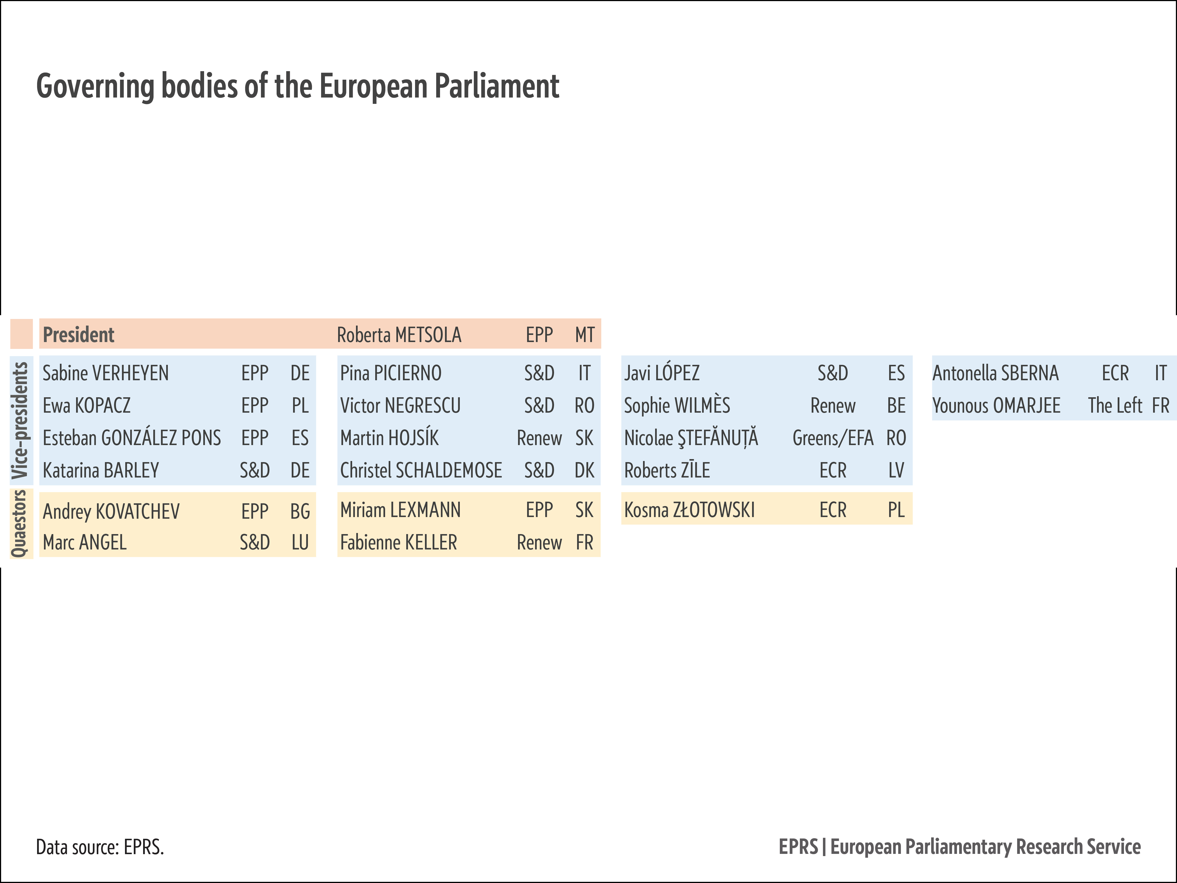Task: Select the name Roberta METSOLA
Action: click(399, 335)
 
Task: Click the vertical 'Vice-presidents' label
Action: click(20, 420)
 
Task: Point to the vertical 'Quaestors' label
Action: click(20, 523)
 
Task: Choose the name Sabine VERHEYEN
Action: click(105, 373)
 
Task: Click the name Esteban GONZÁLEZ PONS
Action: click(131, 438)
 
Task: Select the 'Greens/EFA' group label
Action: click(833, 438)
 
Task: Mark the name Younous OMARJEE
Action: click(996, 406)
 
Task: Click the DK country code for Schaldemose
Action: click(584, 471)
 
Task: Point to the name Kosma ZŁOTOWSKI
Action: click(689, 510)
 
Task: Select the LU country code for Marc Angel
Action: click(300, 542)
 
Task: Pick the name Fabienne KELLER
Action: click(399, 542)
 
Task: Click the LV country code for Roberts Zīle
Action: click(896, 471)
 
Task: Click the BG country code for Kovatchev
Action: click(300, 512)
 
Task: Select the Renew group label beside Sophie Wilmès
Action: click(833, 406)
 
